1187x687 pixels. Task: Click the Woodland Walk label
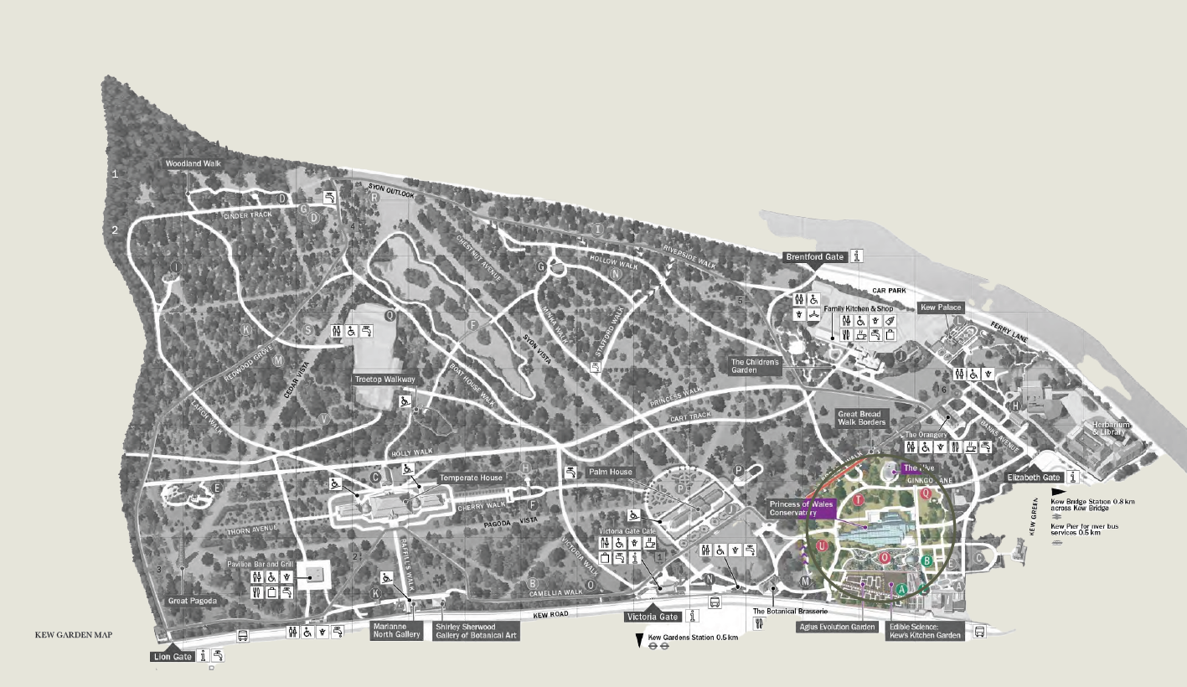[194, 163]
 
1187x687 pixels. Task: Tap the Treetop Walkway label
[384, 380]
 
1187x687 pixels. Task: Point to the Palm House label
[610, 473]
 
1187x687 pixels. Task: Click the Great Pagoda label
[193, 601]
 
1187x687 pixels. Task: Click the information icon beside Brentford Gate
[857, 256]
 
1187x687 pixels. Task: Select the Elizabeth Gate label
[1035, 478]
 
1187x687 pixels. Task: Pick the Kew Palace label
[942, 307]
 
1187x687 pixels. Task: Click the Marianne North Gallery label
[397, 631]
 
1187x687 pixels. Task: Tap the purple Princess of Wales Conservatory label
[801, 509]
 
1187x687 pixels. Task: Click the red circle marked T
[859, 500]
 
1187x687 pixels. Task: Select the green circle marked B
[927, 560]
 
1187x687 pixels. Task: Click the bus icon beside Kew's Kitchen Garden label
[979, 632]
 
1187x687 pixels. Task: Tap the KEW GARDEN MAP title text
[74, 635]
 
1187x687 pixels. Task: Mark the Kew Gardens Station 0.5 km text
[693, 638]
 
